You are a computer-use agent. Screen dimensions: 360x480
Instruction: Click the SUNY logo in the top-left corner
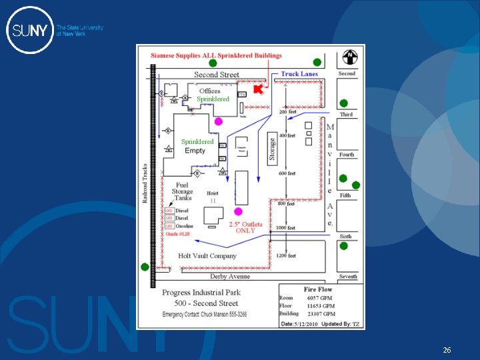(x=30, y=30)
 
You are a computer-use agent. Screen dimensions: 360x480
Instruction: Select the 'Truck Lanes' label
(x=299, y=74)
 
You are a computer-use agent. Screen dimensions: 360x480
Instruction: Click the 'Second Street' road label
(x=216, y=75)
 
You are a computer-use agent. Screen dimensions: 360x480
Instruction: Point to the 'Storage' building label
(x=273, y=148)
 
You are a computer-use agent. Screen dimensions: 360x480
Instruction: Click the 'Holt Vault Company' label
(x=207, y=255)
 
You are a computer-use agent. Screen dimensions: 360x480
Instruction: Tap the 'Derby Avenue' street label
(x=230, y=276)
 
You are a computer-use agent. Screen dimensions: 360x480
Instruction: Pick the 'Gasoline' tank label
(x=184, y=226)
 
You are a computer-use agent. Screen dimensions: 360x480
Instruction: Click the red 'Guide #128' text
(x=177, y=234)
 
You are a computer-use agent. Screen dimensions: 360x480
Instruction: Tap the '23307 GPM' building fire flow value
(x=321, y=313)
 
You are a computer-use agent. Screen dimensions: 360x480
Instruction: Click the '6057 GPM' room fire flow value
(x=321, y=298)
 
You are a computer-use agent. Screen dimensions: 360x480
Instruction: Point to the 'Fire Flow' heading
(x=318, y=289)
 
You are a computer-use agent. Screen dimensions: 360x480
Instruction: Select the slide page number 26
(x=446, y=349)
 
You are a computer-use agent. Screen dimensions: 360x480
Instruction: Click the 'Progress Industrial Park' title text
(x=201, y=293)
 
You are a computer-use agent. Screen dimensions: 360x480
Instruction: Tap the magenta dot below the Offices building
(x=218, y=121)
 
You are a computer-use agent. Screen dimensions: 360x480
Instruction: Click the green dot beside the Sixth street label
(x=344, y=246)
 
